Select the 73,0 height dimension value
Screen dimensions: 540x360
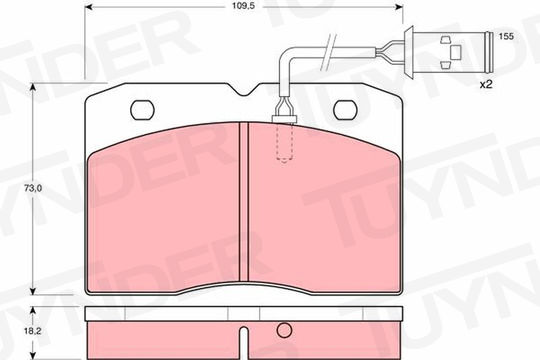click(33, 188)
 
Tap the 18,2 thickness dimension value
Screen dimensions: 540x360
click(33, 331)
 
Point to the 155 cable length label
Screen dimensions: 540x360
click(506, 36)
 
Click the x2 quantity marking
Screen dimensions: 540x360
click(486, 84)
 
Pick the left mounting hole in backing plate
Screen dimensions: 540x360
click(142, 110)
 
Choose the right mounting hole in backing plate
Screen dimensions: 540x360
click(345, 110)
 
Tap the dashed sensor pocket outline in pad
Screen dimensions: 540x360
click(285, 142)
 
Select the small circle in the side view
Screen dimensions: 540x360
click(284, 330)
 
